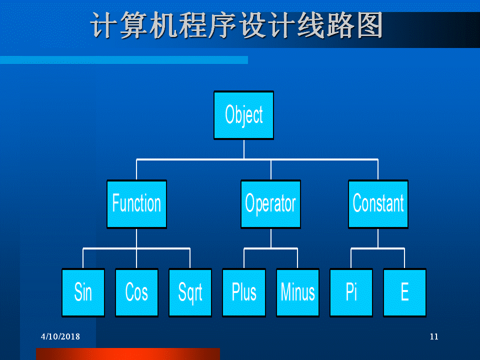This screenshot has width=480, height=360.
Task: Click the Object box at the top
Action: pyautogui.click(x=243, y=115)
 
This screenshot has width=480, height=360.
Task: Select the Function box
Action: pyautogui.click(x=136, y=204)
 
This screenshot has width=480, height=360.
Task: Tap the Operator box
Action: pyautogui.click(x=270, y=204)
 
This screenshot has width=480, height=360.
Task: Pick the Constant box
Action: pyautogui.click(x=378, y=204)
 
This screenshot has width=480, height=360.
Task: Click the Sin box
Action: pyautogui.click(x=83, y=292)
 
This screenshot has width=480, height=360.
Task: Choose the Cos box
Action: pyautogui.click(x=136, y=292)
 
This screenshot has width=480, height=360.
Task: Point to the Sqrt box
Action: pyautogui.click(x=190, y=292)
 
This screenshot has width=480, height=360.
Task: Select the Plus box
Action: pyautogui.click(x=244, y=292)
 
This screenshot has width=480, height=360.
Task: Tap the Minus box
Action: pyautogui.click(x=297, y=292)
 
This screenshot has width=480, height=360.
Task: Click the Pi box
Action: pyautogui.click(x=351, y=292)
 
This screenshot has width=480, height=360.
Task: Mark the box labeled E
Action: pyautogui.click(x=404, y=292)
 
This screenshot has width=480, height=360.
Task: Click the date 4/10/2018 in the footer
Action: pyautogui.click(x=60, y=336)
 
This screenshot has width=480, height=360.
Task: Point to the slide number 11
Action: pyautogui.click(x=434, y=336)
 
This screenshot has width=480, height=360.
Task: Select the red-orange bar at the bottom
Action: pyautogui.click(x=128, y=354)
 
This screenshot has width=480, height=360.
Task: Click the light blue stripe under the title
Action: pyautogui.click(x=124, y=60)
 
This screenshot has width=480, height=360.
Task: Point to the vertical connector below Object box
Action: pyautogui.click(x=244, y=149)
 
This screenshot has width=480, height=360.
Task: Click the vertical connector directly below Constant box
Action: pyautogui.click(x=378, y=238)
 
